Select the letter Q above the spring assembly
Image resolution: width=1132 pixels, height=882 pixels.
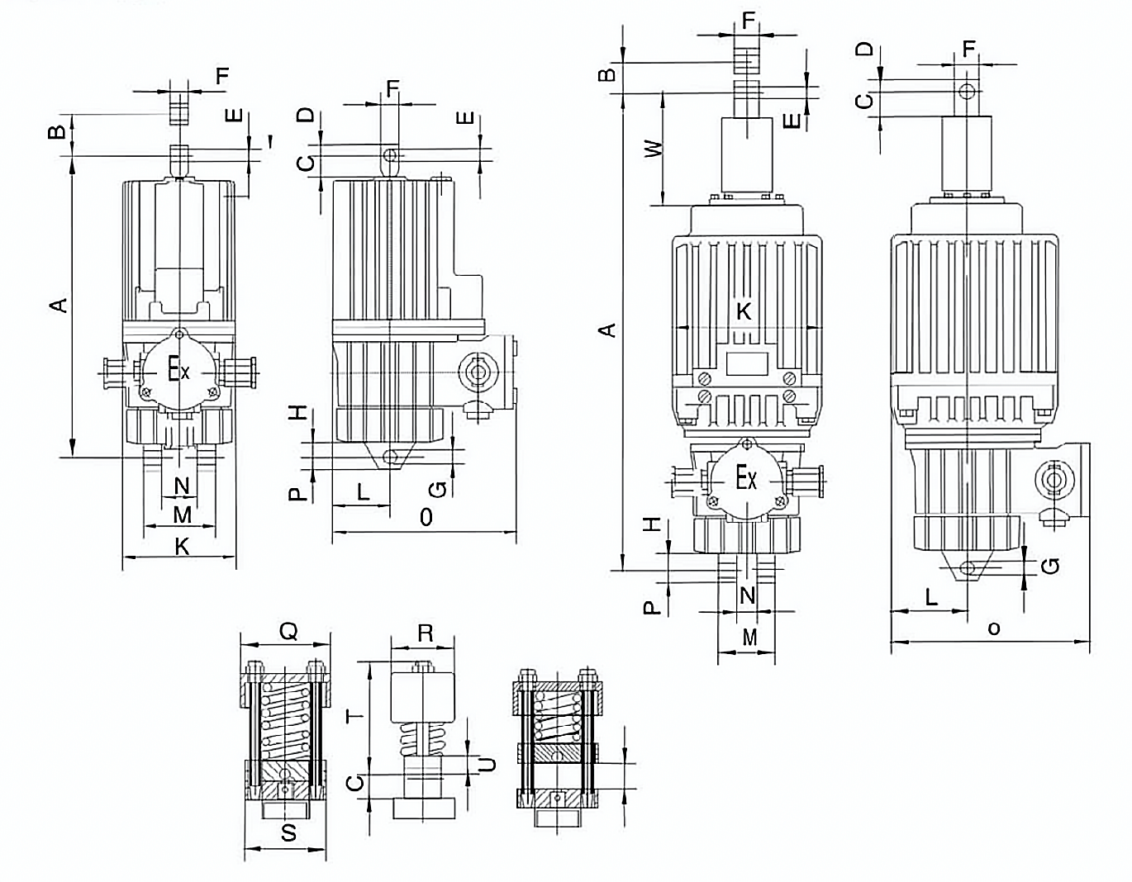pyautogui.click(x=288, y=632)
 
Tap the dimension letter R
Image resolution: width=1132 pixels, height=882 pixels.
pyautogui.click(x=425, y=633)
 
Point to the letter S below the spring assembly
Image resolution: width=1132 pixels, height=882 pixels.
pyautogui.click(x=288, y=832)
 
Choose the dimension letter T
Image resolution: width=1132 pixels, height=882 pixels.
pyautogui.click(x=355, y=716)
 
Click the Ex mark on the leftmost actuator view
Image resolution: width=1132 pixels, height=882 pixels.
pyautogui.click(x=178, y=369)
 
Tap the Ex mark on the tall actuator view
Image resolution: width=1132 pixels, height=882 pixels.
pyautogui.click(x=746, y=478)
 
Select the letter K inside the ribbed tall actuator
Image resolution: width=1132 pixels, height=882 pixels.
pyautogui.click(x=744, y=311)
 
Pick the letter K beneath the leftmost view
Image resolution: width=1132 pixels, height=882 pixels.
pyautogui.click(x=182, y=546)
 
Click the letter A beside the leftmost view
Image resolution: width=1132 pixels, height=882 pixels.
pyautogui.click(x=58, y=306)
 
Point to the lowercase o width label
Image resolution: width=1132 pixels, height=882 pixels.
pyautogui.click(x=994, y=628)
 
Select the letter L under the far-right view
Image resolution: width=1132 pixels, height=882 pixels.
pyautogui.click(x=931, y=596)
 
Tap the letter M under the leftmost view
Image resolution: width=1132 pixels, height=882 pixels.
pyautogui.click(x=182, y=515)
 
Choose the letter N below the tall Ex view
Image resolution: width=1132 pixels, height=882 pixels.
pyautogui.click(x=748, y=595)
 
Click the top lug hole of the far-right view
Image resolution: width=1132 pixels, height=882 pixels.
pyautogui.click(x=967, y=91)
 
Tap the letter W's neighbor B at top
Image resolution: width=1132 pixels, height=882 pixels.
pyautogui.click(x=606, y=74)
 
